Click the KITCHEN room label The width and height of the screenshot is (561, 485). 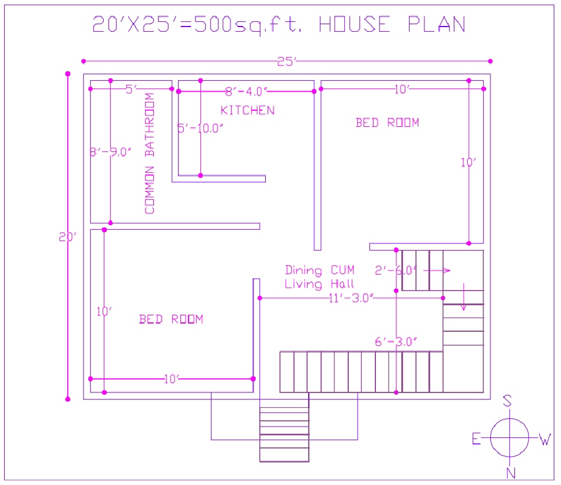(x=247, y=110)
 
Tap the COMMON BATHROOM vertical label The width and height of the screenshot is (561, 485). (x=150, y=153)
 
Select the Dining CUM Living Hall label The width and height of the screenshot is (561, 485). (x=319, y=277)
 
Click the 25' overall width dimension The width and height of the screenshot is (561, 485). (x=287, y=61)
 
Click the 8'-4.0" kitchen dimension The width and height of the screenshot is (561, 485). (x=247, y=91)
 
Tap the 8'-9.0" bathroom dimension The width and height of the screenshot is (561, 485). (x=110, y=152)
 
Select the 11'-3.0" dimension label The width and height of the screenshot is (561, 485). (x=351, y=298)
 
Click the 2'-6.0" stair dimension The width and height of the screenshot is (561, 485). (x=395, y=270)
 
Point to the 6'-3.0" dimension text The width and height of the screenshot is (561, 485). (x=395, y=341)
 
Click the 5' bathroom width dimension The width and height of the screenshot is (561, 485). (x=131, y=89)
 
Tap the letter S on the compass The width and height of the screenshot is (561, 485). (x=507, y=401)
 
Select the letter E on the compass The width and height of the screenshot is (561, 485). (x=476, y=438)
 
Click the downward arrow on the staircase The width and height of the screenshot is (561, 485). (x=464, y=298)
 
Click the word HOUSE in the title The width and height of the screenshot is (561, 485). (x=354, y=25)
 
